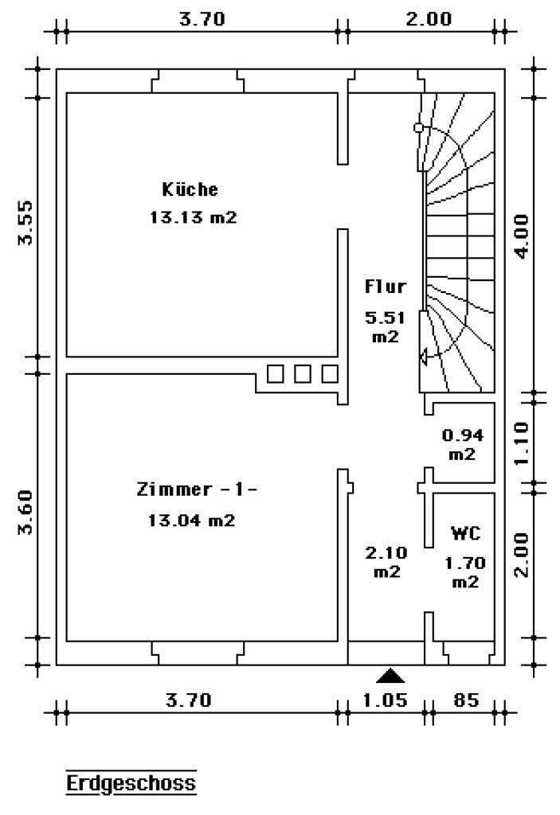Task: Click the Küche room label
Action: tap(190, 189)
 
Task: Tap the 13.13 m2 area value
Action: tap(193, 216)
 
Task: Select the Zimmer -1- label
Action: tap(197, 489)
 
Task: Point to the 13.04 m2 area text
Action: tap(191, 520)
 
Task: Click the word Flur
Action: tap(385, 286)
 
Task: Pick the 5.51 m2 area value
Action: tap(385, 326)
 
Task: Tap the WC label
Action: tap(465, 532)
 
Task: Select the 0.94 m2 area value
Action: tap(463, 444)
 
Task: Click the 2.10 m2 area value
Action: tap(386, 562)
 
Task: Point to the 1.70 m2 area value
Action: tap(465, 571)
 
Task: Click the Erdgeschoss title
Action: tap(131, 783)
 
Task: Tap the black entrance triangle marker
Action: tap(390, 676)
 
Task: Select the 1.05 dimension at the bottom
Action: tap(385, 700)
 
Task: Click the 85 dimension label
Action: tap(466, 700)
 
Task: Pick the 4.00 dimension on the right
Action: tap(521, 236)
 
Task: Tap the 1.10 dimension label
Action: tap(521, 443)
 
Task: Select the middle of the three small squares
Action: tap(303, 374)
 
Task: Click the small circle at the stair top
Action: tap(418, 127)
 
